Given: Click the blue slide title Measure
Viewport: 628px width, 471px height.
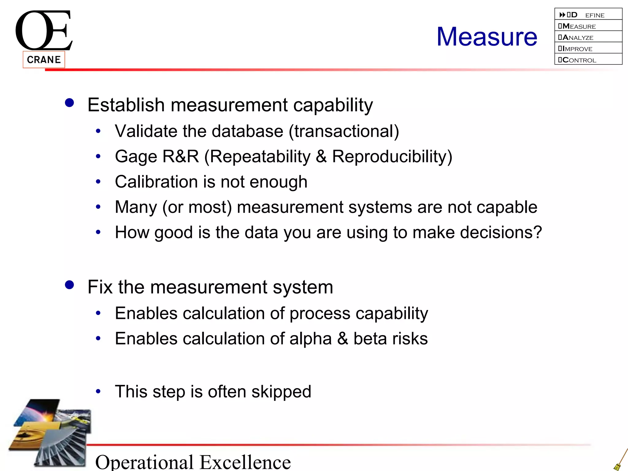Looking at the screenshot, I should tap(487, 37).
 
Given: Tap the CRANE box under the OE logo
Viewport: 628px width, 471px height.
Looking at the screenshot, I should tap(44, 59).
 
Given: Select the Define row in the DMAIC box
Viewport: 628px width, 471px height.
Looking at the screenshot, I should tap(588, 14).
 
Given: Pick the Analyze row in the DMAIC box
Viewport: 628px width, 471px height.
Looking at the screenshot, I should tap(588, 37).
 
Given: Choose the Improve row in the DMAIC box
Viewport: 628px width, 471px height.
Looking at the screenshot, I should tap(588, 48).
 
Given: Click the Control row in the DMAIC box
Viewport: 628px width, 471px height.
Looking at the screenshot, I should tap(588, 59).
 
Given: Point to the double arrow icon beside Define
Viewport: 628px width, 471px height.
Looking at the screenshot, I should tap(562, 15).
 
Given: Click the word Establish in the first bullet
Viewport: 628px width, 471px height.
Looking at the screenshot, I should tap(126, 105).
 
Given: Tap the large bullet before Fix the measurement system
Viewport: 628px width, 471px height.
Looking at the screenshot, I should tap(70, 285).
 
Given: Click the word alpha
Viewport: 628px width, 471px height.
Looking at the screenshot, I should tap(310, 339).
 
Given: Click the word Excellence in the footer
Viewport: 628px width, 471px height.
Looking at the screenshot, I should tap(245, 462).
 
